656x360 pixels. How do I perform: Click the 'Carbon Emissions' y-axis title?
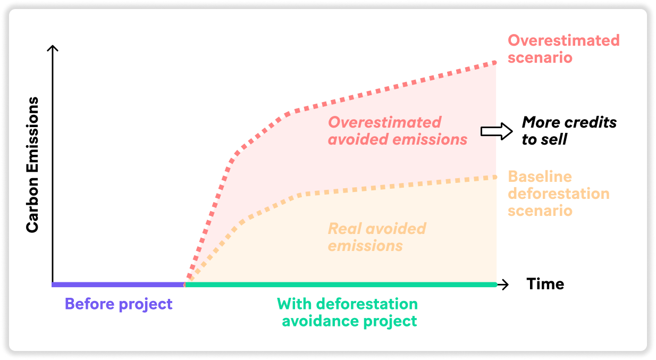click(x=32, y=165)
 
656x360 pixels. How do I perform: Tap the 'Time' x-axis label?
click(x=545, y=284)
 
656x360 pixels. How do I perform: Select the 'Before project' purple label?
click(x=119, y=304)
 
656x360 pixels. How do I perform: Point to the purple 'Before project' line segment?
click(x=119, y=284)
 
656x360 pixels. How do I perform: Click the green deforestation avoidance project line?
click(x=341, y=284)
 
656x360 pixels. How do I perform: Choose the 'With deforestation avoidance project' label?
click(x=348, y=313)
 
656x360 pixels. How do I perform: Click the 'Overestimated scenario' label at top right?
click(x=564, y=49)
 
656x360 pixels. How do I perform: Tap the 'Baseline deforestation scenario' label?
click(x=559, y=194)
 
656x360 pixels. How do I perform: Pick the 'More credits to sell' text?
click(x=569, y=131)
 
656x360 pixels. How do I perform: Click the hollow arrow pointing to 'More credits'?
click(x=497, y=131)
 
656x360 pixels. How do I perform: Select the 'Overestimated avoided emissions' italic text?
click(x=398, y=131)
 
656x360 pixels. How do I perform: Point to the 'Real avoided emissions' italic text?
click(x=376, y=237)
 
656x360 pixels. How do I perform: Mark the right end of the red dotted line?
click(x=494, y=63)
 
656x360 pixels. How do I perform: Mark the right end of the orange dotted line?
click(x=494, y=177)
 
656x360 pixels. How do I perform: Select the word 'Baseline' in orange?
click(x=540, y=177)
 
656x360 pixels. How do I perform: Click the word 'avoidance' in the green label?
click(x=320, y=321)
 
